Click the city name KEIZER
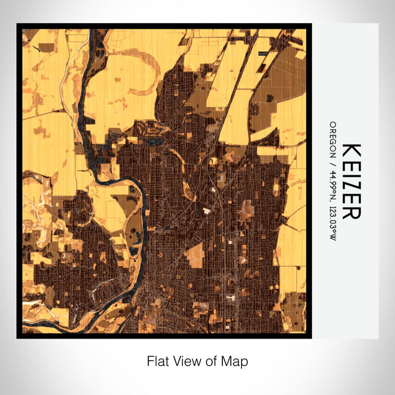click(351, 181)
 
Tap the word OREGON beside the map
click(333, 139)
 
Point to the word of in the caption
click(207, 361)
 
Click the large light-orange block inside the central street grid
click(195, 255)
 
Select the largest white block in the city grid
click(207, 210)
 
